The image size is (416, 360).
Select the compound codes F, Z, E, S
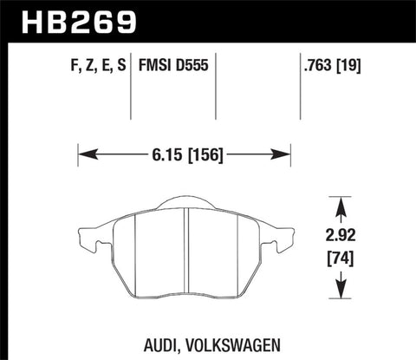92,64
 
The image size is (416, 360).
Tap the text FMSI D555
172,64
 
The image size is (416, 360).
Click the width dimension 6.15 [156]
184,157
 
